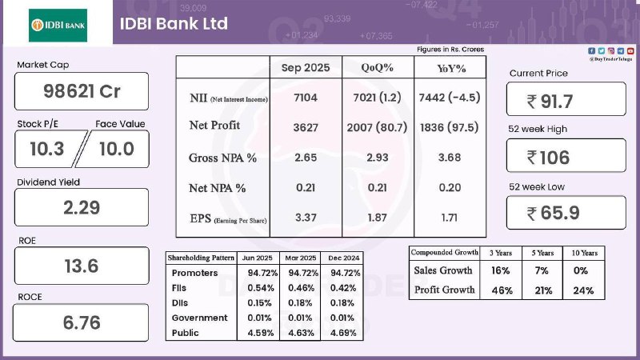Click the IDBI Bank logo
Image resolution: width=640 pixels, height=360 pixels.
58,25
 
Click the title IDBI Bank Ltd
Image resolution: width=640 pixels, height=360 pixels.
174,23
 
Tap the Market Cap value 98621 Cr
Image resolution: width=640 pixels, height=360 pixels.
82,91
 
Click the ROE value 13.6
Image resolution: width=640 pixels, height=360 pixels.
82,266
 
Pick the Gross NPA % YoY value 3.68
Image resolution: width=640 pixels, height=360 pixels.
448,158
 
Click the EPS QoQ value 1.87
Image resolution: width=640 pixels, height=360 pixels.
376,218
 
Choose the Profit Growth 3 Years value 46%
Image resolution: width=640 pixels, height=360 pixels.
501,290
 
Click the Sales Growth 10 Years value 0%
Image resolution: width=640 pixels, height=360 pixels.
583,271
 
